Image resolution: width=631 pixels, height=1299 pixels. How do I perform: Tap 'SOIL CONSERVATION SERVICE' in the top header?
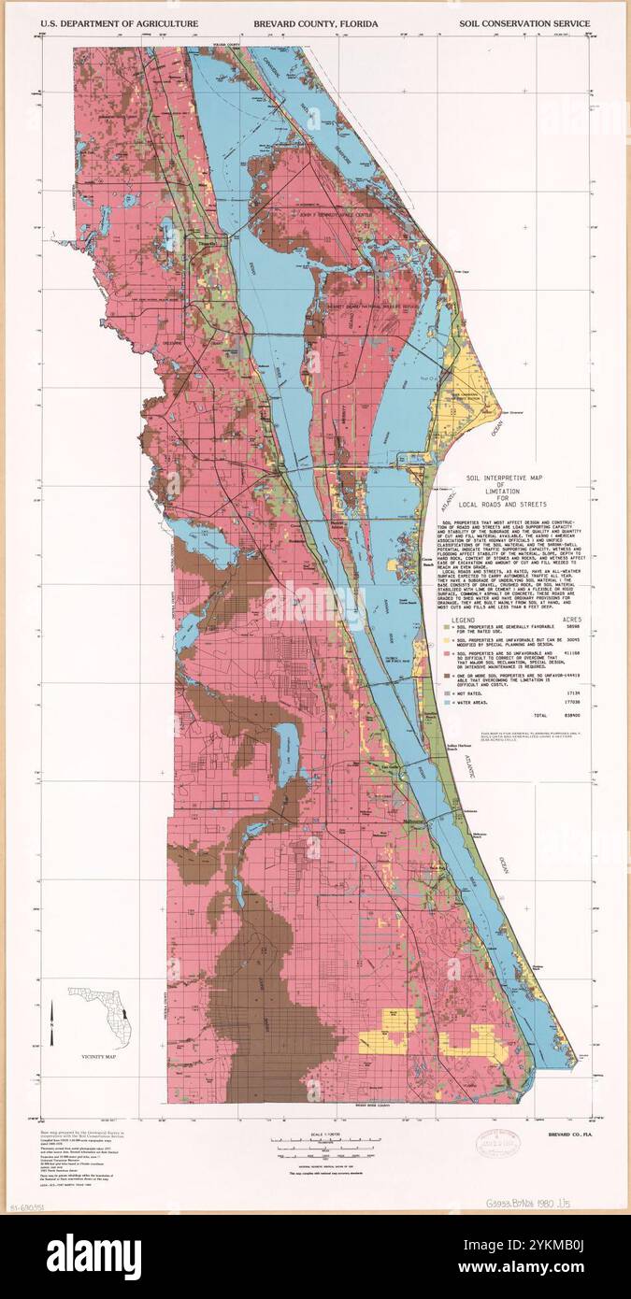pyautogui.click(x=523, y=22)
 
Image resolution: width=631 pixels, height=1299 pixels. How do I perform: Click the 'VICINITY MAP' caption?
pyautogui.click(x=98, y=1056)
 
